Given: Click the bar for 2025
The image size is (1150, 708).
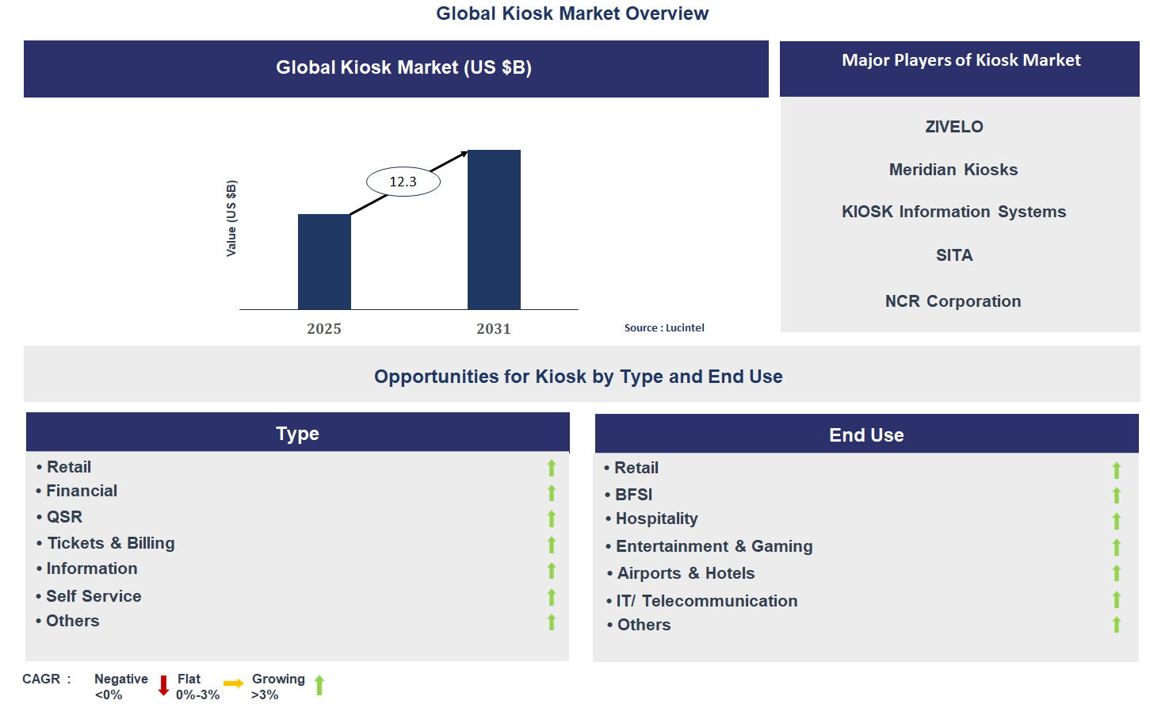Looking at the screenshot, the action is [324, 262].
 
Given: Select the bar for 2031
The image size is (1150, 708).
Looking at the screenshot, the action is [494, 229].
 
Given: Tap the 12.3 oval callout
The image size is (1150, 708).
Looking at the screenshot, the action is [403, 182].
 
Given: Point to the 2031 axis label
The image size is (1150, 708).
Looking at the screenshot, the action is [494, 328].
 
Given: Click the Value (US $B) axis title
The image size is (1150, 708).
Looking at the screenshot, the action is [231, 218].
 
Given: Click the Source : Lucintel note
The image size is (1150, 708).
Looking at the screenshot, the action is [664, 327].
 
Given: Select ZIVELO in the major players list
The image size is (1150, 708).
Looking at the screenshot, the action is [954, 127].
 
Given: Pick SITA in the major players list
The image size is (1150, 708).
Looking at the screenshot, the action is [954, 255].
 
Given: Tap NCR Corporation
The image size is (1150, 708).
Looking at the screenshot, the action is [953, 300].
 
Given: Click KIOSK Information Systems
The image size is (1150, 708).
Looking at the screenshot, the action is [953, 212].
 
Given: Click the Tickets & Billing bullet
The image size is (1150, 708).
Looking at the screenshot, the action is [105, 543].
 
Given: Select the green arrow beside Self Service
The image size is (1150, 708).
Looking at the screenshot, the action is [552, 597].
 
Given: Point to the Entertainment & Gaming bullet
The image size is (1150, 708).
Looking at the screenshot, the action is [709, 546].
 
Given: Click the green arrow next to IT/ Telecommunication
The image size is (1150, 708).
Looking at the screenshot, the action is [1116, 600].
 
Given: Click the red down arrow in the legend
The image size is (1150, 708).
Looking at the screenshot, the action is [163, 686].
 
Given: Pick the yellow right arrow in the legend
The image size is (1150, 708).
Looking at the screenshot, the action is [234, 683].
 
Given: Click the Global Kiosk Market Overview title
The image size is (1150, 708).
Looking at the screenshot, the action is [572, 13].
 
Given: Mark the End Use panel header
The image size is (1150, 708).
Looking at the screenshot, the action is [866, 434].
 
